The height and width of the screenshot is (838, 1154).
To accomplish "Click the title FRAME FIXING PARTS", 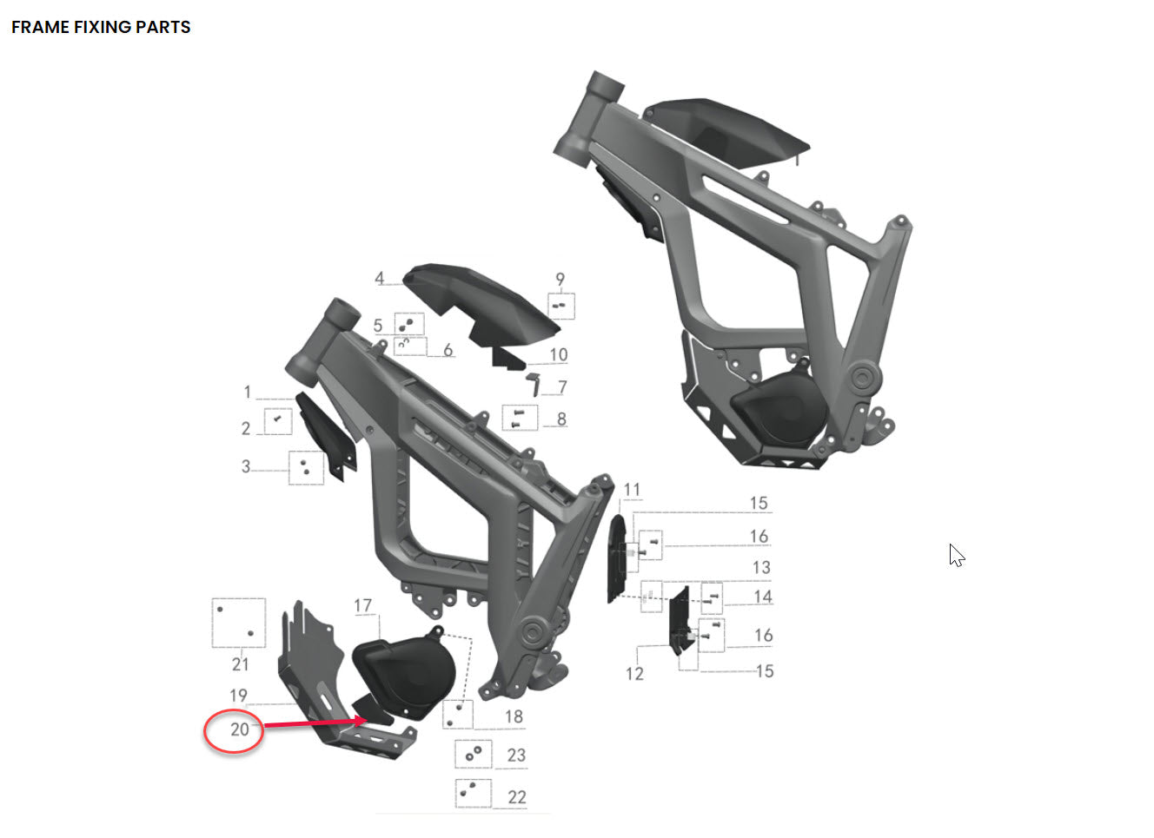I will coord(101,27).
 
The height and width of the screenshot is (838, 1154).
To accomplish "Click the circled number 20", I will coord(239,729).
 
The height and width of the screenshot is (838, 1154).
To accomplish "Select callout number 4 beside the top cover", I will coord(379,279).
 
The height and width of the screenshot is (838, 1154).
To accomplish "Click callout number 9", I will coord(560,280).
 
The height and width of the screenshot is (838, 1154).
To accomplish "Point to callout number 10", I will coord(559,354).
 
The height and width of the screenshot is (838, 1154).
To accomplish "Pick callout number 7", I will coord(562,387).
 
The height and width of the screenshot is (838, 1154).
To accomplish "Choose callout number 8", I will coord(561,419).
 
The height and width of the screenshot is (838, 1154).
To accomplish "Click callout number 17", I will coord(362,605).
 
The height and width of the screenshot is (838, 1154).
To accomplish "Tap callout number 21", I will coord(241,664).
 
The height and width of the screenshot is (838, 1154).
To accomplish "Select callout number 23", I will coord(516,755).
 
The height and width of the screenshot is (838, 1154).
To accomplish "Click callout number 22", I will coord(516,796).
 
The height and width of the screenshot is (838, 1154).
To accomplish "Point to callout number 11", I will coord(632,491).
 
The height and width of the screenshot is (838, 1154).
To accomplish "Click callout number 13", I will coord(761,567).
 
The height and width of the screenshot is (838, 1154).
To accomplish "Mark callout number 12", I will coord(634,674).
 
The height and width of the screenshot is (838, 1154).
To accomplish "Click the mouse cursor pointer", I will coord(956,555).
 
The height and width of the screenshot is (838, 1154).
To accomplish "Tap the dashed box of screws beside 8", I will coord(520,418).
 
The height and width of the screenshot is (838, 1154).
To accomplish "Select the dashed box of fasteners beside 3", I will coord(305,467).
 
